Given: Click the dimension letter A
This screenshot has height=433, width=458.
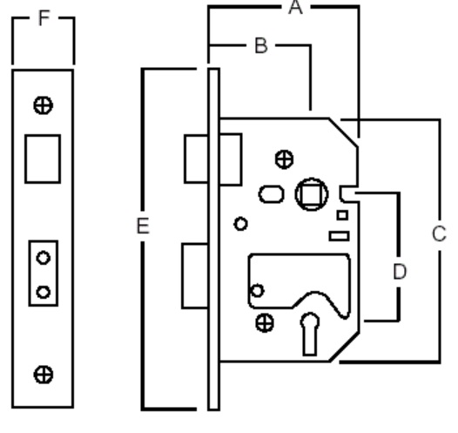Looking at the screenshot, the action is tap(295, 7).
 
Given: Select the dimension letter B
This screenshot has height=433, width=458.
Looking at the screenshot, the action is tap(261, 46).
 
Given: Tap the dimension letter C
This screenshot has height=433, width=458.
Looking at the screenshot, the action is tap(439, 233).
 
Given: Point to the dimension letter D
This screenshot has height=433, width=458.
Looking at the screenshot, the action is tap(400, 272).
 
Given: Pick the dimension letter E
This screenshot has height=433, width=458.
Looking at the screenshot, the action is tap(143, 226).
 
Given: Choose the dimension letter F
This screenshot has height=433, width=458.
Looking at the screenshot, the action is tap(44, 17).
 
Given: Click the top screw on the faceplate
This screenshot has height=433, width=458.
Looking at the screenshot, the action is tap(44, 105).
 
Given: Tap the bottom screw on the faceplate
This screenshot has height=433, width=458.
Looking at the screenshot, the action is tap(44, 375).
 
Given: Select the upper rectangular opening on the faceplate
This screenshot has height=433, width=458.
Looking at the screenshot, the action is tap(43, 159).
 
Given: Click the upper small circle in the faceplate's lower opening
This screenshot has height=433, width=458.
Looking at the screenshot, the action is tap(44, 258).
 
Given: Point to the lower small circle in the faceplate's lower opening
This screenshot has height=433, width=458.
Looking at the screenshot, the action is tap(44, 292).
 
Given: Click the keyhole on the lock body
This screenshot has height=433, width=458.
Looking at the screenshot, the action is tap(310, 334).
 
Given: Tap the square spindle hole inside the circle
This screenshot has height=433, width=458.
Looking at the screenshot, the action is tap(312, 194).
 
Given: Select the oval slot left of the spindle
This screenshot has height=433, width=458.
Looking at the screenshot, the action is tap(272, 194).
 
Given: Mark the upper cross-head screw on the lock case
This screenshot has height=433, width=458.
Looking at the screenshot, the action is tap(284, 159).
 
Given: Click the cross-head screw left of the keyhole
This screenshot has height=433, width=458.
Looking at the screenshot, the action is tap(265, 323).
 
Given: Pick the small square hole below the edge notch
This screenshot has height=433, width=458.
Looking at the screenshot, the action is tap(342, 215).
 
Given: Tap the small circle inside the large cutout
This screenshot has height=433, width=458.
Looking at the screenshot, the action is tap(258, 291).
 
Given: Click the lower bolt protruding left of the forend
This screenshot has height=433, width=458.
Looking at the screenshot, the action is tap(195, 276).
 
